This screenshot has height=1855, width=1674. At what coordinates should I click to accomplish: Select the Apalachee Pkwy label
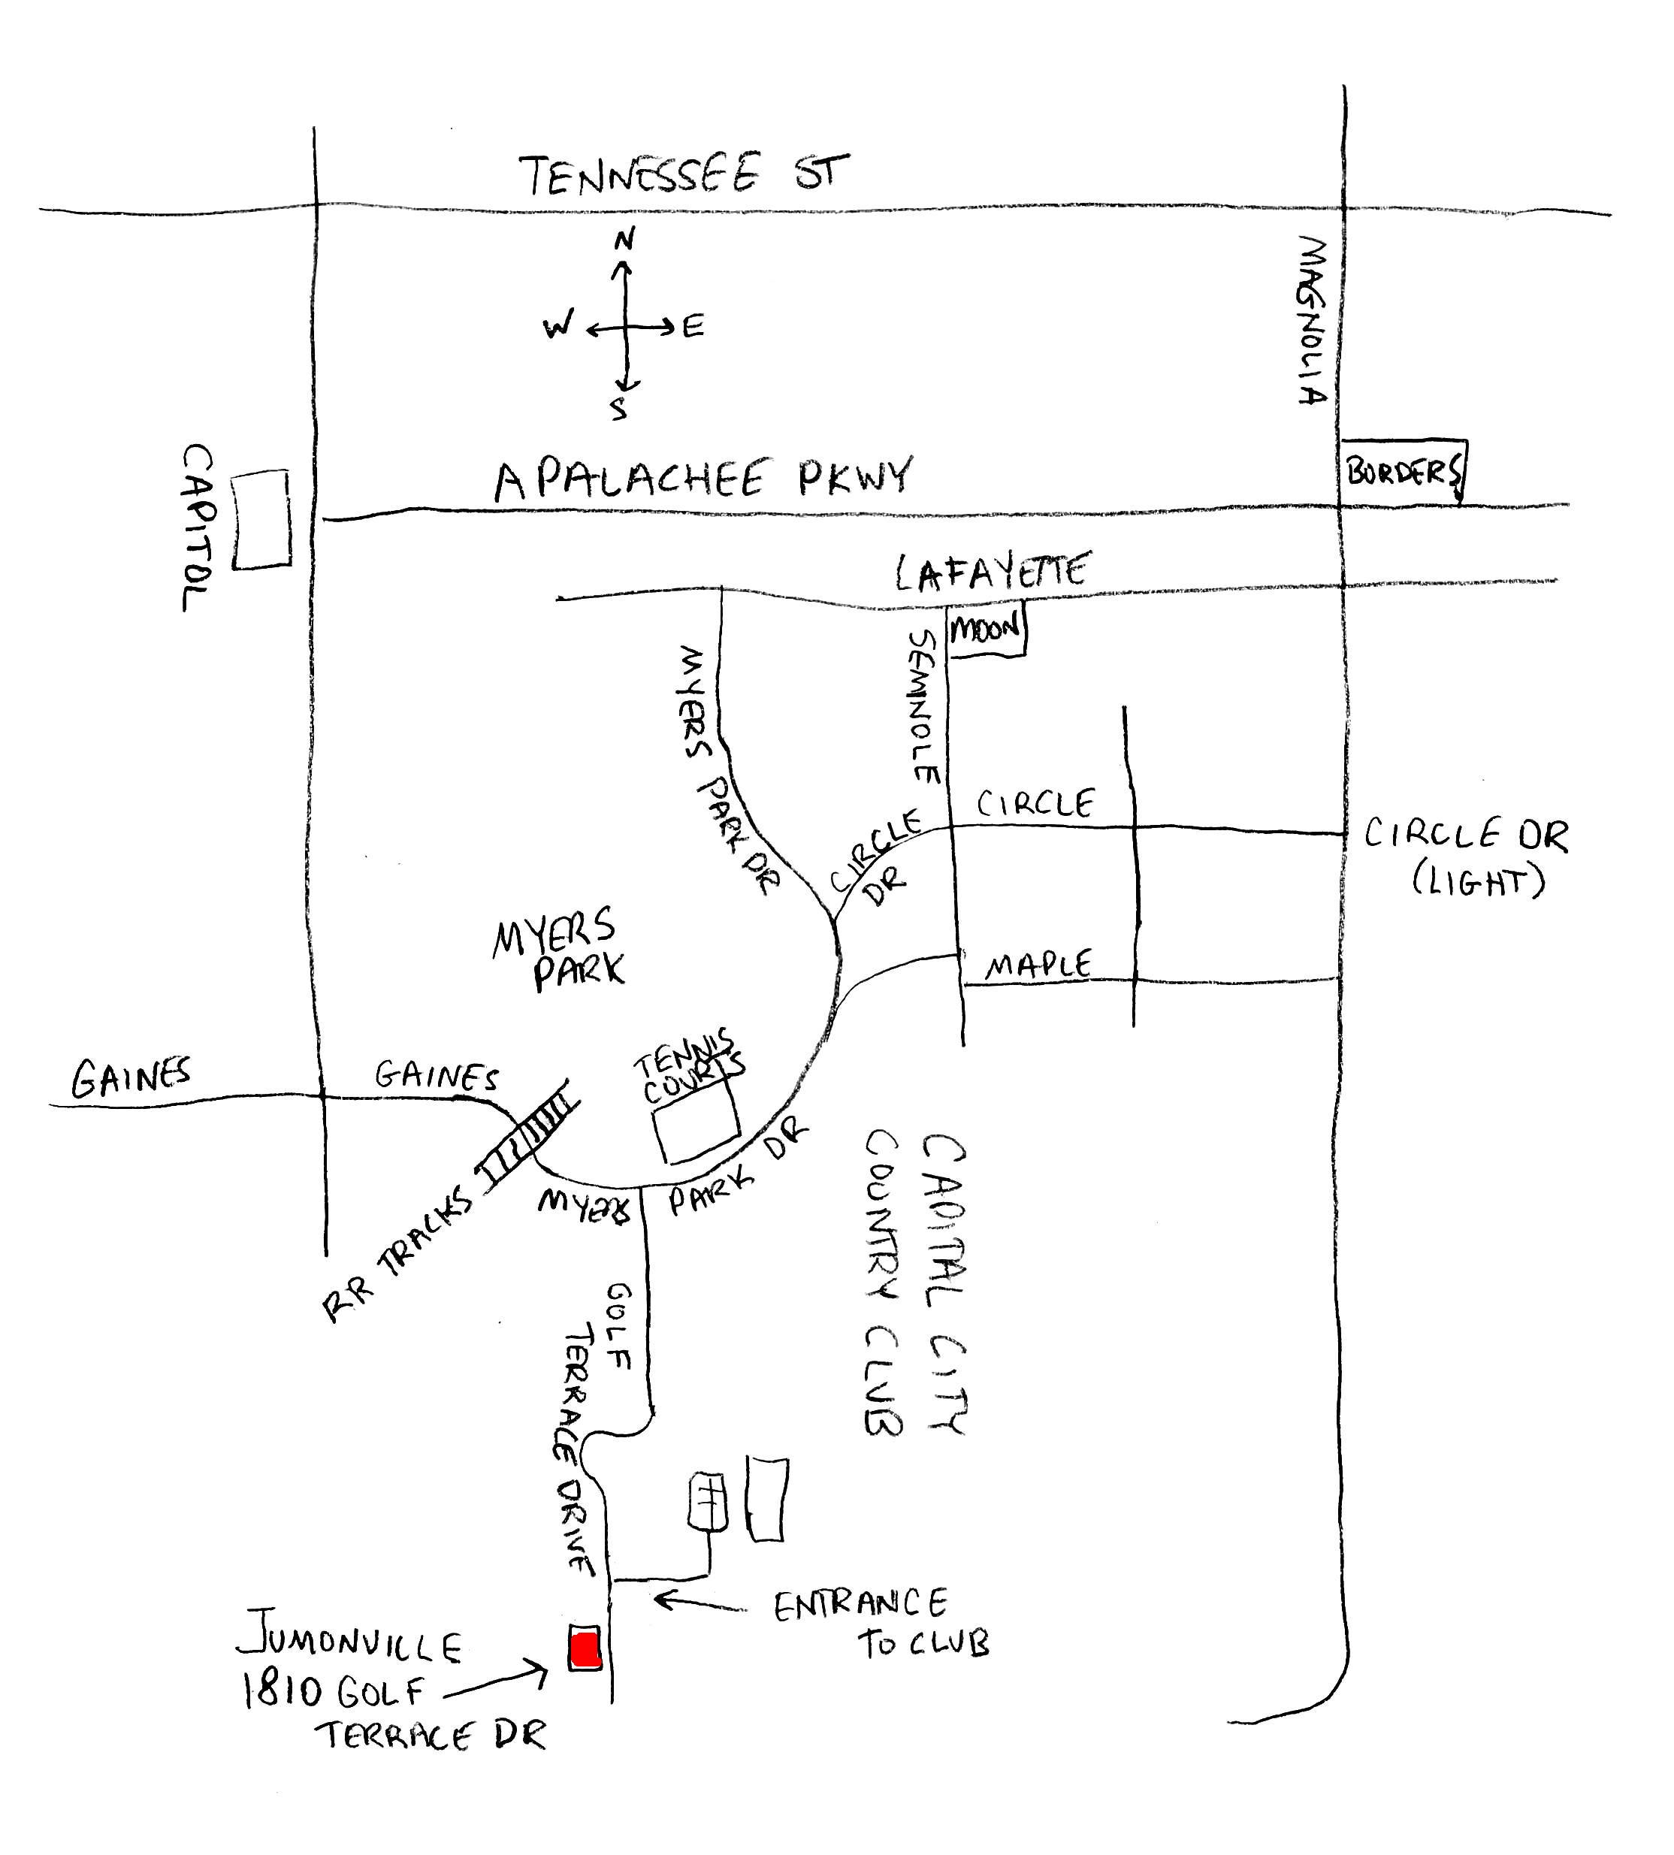[x=703, y=479]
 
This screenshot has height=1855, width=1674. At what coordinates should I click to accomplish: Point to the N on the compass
[x=624, y=240]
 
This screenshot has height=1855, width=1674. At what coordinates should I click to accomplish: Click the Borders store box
[x=1403, y=472]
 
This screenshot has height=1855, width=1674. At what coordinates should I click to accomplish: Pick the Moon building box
[x=986, y=630]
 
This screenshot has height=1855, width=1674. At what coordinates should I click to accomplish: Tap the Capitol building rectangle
[x=261, y=520]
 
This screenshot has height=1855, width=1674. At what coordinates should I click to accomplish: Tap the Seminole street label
[x=923, y=706]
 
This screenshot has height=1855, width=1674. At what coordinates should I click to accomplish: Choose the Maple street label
[x=1038, y=965]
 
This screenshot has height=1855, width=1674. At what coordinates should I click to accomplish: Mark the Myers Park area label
[x=557, y=948]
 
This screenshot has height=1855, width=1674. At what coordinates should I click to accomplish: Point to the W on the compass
[x=557, y=325]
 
